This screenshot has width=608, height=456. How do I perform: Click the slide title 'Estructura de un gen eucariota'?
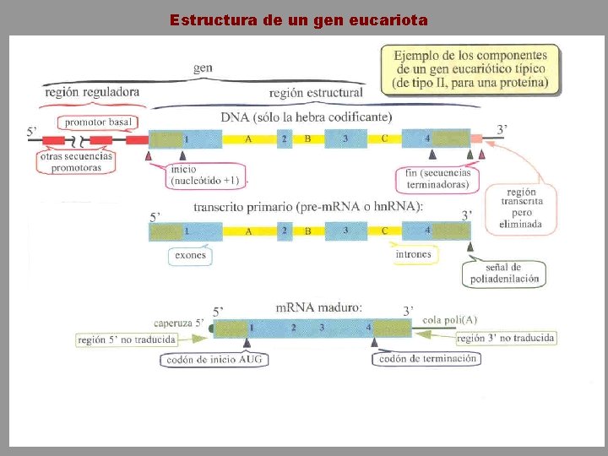(299, 19)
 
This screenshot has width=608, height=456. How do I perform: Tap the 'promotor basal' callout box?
(99, 122)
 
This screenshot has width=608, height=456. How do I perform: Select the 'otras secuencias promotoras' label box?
(76, 162)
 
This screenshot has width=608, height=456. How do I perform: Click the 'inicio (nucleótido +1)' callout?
(204, 174)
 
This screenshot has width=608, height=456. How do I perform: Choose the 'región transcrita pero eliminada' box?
(521, 207)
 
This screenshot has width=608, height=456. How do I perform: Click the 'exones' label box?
(190, 254)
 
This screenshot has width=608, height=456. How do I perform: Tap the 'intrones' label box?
(413, 253)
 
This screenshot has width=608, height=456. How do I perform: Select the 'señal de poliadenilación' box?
(504, 274)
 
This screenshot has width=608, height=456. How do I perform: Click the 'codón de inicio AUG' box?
(214, 359)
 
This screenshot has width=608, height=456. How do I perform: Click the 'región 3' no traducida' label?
(506, 338)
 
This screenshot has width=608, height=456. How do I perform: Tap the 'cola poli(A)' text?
(450, 319)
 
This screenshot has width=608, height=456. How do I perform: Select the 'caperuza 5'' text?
(178, 323)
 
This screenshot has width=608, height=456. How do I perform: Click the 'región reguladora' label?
(92, 91)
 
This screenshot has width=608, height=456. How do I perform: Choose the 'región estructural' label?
(316, 93)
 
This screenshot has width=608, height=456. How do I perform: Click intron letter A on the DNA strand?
(248, 138)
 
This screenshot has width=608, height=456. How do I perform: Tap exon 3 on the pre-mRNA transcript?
(346, 230)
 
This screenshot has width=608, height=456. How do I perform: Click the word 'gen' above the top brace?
(203, 68)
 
